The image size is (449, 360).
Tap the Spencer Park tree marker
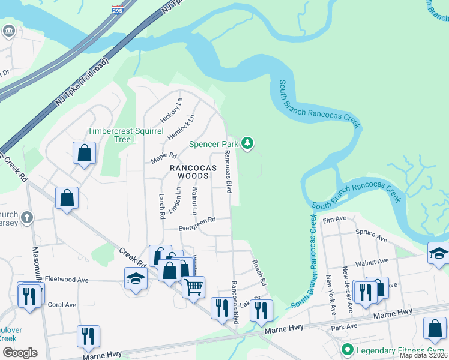pos(247,143)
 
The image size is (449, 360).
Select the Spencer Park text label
pos(213,144)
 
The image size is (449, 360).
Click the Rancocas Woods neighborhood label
pos(192,172)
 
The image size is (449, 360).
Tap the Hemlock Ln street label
pos(181,127)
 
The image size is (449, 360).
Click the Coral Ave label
pos(62,305)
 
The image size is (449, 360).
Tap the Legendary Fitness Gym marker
pos(346,350)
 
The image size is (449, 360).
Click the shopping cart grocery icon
pos(193,288)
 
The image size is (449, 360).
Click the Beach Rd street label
pos(259,272)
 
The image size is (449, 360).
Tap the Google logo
pos(20,353)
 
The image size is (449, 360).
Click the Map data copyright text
pos(423,355)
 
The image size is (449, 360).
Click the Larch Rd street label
pos(161,206)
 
